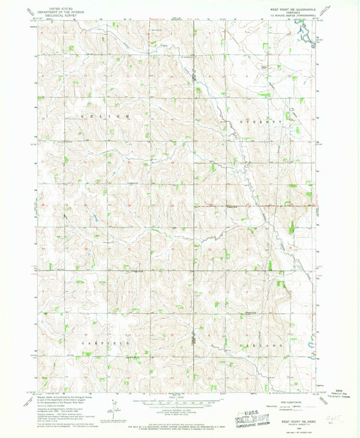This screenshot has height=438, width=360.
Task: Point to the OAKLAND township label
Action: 259,344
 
